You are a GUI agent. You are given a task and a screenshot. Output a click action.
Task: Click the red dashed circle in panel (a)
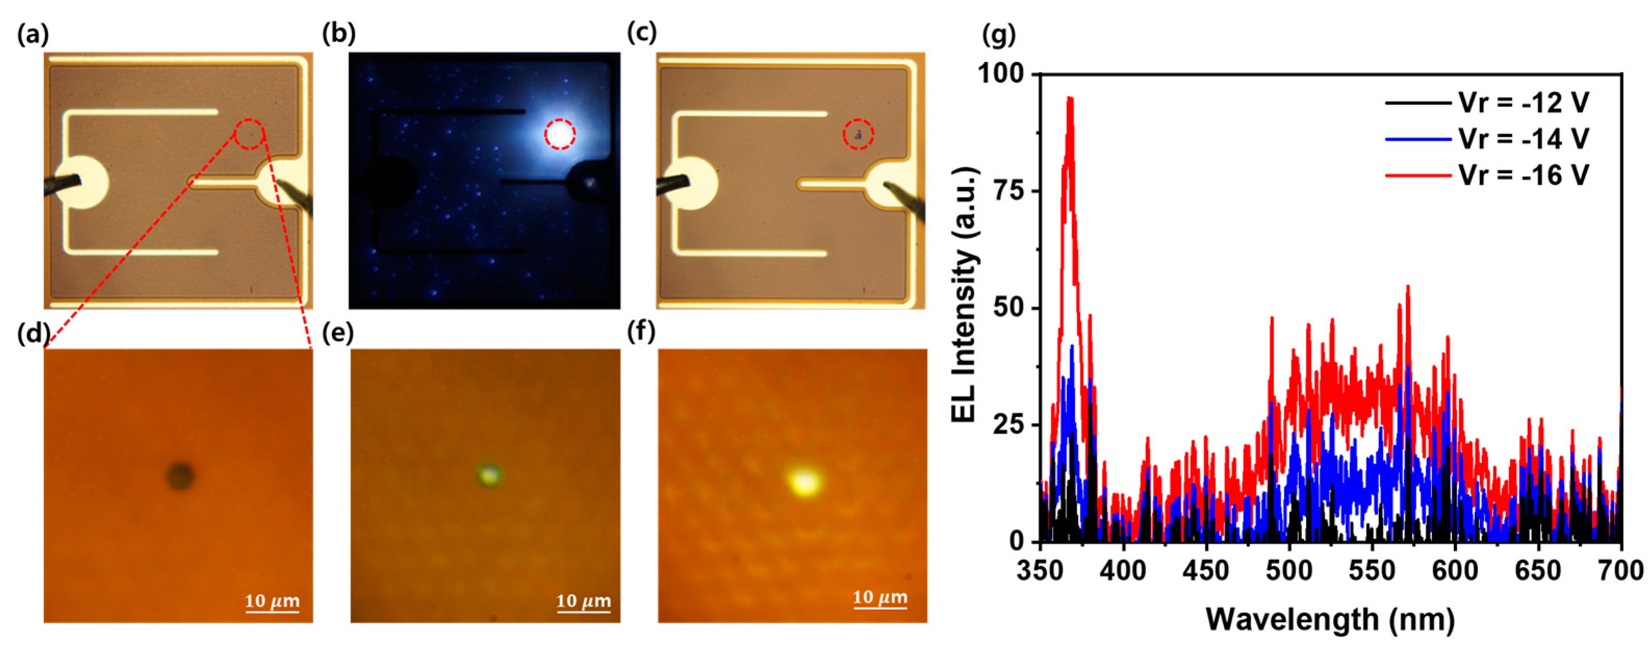coord(249,134)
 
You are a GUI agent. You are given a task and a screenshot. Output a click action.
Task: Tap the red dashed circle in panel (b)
coord(560,134)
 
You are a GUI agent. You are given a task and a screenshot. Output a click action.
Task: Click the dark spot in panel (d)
coord(180,476)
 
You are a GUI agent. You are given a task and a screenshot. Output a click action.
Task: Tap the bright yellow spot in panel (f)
coord(804,481)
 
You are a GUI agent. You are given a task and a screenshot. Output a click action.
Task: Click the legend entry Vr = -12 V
coord(1487,103)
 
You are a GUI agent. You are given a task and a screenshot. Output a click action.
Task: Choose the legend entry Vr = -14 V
coord(1487,138)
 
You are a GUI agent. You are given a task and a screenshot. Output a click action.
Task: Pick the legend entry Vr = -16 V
coord(1487,175)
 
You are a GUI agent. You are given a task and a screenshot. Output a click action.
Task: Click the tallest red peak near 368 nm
coord(1069,99)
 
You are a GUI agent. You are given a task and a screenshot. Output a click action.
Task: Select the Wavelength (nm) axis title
coord(1330,619)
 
